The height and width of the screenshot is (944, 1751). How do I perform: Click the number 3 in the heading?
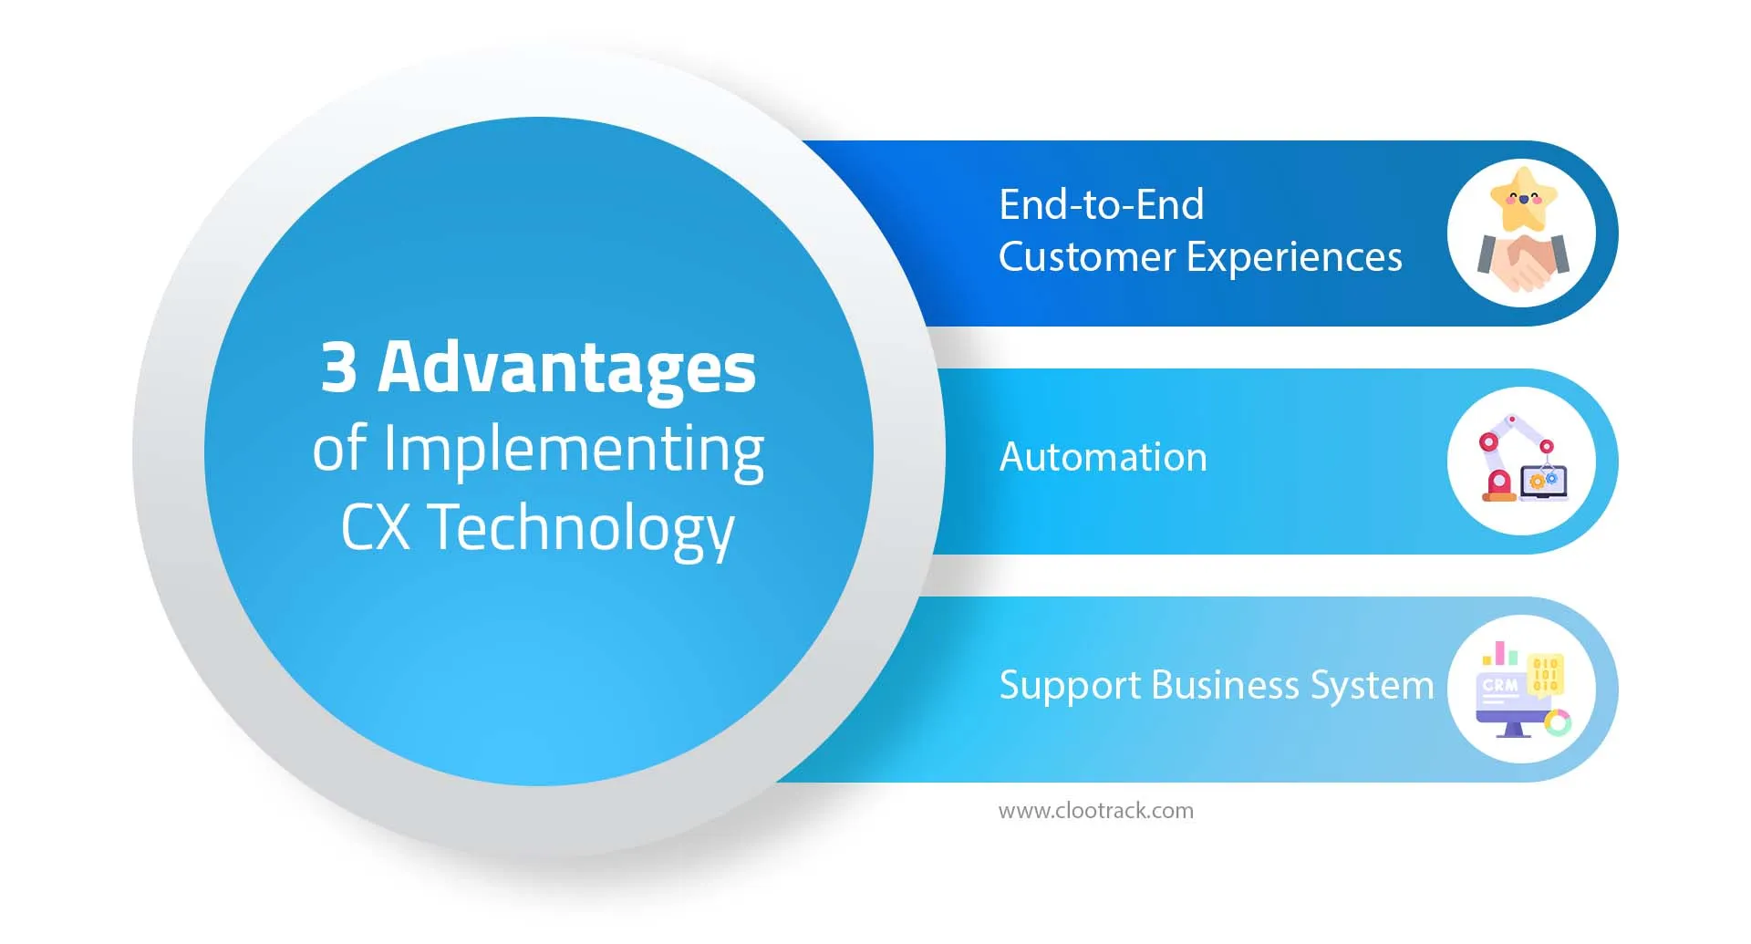pos(338,368)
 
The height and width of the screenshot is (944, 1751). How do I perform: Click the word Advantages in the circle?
pos(566,368)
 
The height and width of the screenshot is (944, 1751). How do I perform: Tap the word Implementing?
pos(573,450)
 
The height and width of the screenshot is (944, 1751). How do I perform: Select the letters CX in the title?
pos(374,528)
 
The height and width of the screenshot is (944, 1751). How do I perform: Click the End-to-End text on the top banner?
pos(1101,204)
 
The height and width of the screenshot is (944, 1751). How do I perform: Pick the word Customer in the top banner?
pos(1086,257)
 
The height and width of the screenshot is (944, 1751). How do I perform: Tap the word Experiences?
pos(1294,258)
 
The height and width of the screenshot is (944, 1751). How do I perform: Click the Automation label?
pos(1103,457)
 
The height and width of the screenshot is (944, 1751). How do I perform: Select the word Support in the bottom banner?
pos(1069,686)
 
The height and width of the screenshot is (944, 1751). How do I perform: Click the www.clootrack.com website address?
pos(1095,811)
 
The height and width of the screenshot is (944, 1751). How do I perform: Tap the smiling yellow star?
pos(1522,198)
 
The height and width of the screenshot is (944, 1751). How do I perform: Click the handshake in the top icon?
pos(1522,260)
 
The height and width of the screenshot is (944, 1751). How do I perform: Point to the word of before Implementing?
pos(339,450)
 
